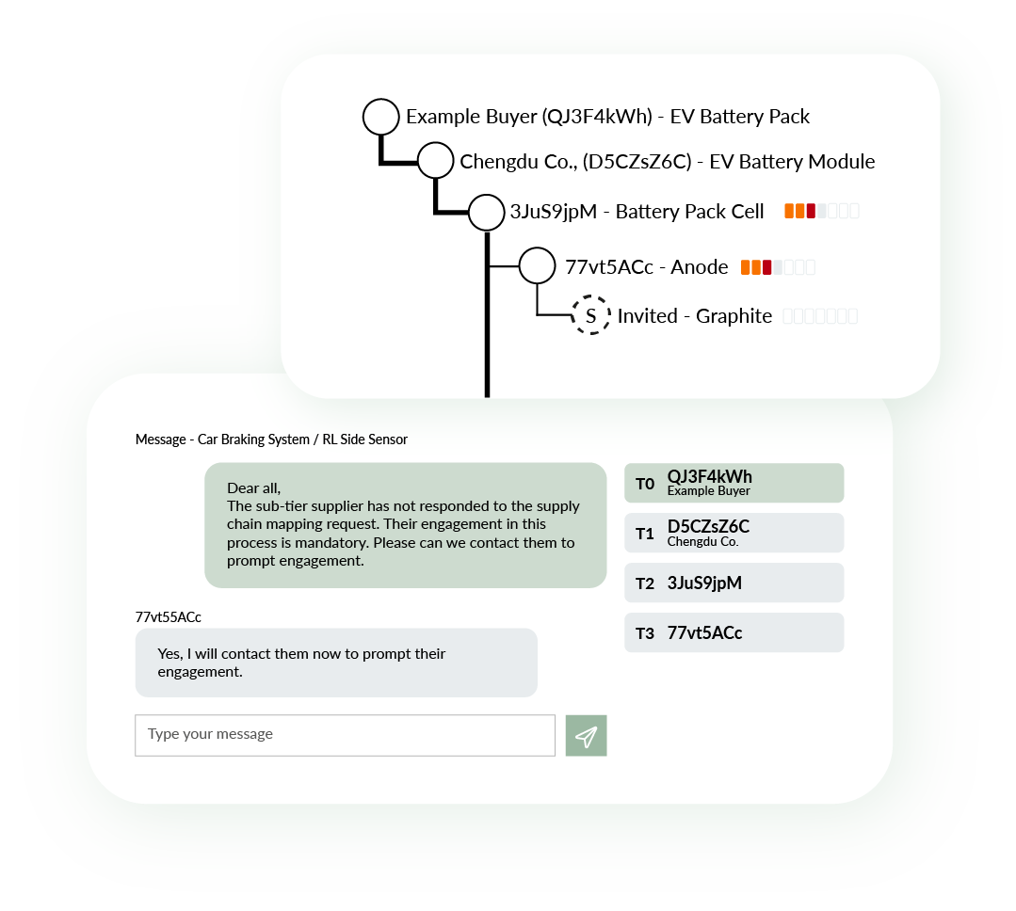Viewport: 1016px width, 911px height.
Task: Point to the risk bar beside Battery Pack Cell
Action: point(822,211)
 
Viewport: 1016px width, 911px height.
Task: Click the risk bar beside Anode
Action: point(778,266)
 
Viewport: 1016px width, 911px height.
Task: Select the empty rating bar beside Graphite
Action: point(820,316)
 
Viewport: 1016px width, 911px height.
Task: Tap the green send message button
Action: point(587,736)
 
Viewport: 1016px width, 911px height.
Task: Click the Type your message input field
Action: point(346,736)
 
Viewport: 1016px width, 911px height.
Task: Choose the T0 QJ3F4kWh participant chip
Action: point(734,483)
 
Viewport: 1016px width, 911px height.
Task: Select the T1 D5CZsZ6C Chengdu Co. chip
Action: point(734,533)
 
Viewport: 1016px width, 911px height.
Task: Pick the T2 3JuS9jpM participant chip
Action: point(734,583)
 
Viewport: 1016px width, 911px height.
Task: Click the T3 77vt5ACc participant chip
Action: point(734,632)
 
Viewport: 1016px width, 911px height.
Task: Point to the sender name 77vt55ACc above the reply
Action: point(169,617)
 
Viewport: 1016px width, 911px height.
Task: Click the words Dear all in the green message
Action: point(253,488)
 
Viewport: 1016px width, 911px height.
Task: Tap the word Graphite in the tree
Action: point(734,316)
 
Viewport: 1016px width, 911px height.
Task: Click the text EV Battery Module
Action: point(793,161)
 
